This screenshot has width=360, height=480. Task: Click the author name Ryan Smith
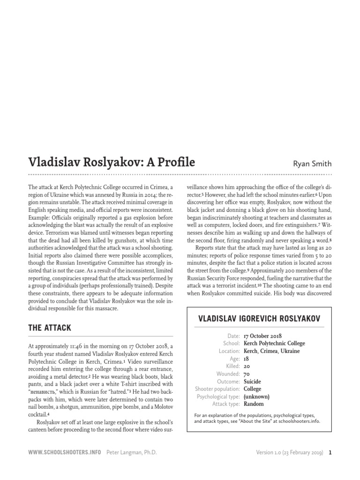pos(312,164)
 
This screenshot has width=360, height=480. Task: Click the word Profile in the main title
pos(171,162)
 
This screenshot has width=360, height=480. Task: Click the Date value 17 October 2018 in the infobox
pos(263,336)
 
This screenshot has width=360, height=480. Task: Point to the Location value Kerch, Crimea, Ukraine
pos(271,351)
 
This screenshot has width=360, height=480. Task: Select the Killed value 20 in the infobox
pos(247,366)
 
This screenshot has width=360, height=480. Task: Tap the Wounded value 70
pos(247,374)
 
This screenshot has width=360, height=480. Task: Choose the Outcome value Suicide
pos(253,381)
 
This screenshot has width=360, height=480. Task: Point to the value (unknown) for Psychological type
pos(256,396)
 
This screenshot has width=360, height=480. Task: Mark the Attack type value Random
pos(254,404)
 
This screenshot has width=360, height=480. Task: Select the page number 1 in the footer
pos(330,453)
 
